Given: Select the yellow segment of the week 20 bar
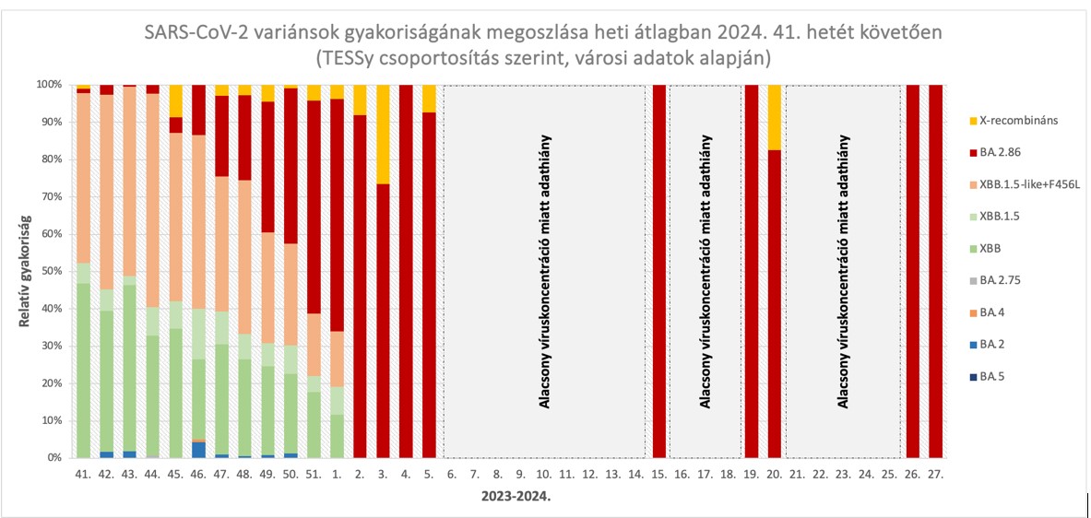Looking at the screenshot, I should tap(775, 117).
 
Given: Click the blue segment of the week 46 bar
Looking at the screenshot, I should tap(198, 450).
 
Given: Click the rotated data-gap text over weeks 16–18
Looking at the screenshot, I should tap(706, 271).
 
